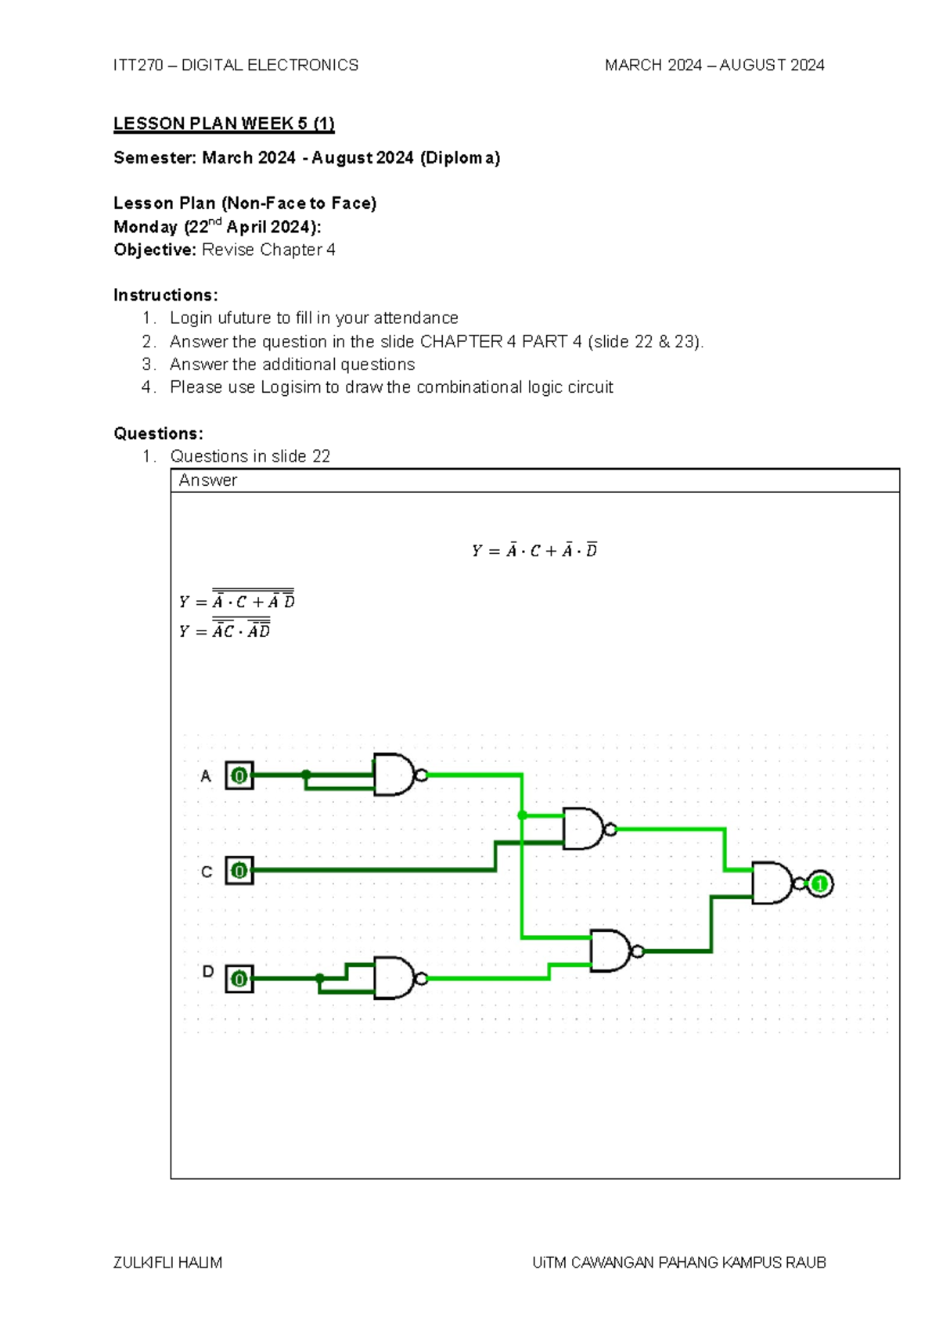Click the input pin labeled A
(239, 775)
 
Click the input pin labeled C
(239, 870)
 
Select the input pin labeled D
(239, 978)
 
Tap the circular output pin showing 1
(819, 884)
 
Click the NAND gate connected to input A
(394, 775)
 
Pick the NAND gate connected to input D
(394, 978)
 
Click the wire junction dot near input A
(306, 775)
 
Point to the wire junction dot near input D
(319, 978)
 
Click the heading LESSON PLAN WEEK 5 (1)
(224, 124)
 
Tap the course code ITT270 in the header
(138, 65)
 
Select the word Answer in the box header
(207, 480)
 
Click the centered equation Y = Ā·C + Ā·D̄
(534, 551)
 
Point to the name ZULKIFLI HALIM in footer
(167, 1263)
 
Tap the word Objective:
(155, 250)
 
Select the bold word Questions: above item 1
(158, 433)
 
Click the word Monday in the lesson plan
(146, 227)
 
